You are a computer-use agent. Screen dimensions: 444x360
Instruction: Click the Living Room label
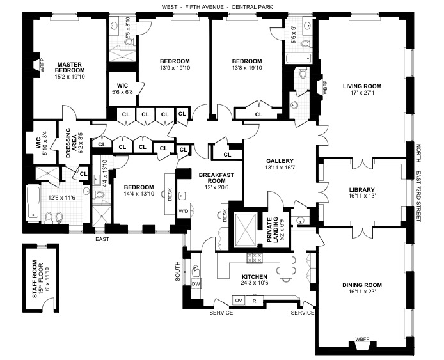361,86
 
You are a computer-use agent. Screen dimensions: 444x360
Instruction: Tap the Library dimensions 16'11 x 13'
361,198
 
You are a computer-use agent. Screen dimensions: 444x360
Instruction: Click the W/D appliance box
182,210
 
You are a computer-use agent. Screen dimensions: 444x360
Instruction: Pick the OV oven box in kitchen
238,300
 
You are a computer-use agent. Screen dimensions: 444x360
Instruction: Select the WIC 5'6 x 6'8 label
122,90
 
